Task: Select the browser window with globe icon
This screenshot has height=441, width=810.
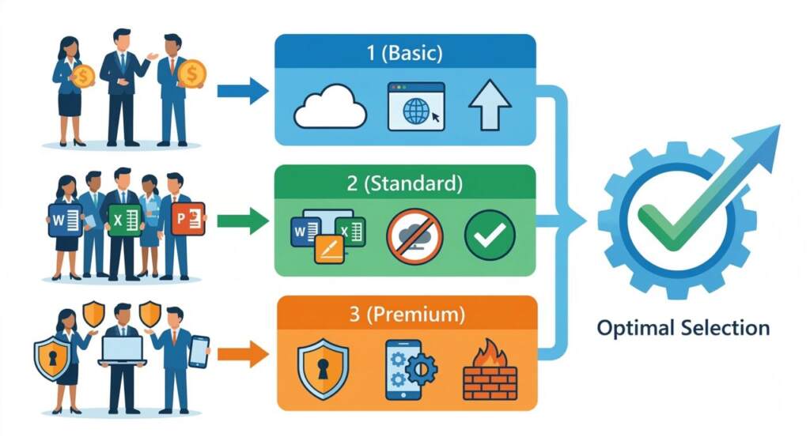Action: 415,106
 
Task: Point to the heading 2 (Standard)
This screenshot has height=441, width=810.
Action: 404,184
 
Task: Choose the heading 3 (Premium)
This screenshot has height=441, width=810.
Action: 404,315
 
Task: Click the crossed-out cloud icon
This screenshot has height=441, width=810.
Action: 415,236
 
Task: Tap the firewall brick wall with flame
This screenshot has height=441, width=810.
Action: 490,369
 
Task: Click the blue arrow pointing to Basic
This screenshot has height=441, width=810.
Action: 242,91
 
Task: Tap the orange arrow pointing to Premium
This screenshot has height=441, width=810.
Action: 242,353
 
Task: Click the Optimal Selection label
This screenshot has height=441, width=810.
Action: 683,327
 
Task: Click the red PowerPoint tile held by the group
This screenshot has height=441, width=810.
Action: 188,219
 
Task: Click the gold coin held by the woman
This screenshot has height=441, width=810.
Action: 82,76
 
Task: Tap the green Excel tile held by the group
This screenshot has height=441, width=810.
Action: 124,220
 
